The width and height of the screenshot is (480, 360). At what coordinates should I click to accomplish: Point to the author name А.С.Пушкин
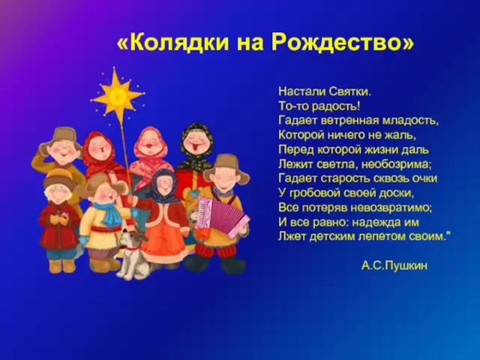pos(395,265)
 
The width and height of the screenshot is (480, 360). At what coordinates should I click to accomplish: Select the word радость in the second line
pos(334,106)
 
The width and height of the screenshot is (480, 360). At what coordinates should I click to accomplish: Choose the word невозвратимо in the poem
pos(378,207)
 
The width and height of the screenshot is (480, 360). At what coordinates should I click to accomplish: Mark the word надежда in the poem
pos(382,222)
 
